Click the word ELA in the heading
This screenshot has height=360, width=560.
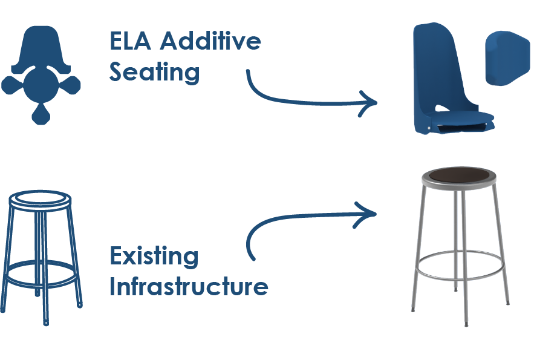[x=131, y=41]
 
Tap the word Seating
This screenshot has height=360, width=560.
[x=154, y=73]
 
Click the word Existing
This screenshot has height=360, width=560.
[x=154, y=256]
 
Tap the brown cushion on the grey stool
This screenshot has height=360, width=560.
[x=459, y=175]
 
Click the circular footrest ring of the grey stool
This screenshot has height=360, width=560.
[x=460, y=266]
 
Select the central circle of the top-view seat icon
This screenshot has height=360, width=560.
[x=42, y=84]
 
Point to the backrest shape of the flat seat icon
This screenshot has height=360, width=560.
[x=42, y=48]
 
